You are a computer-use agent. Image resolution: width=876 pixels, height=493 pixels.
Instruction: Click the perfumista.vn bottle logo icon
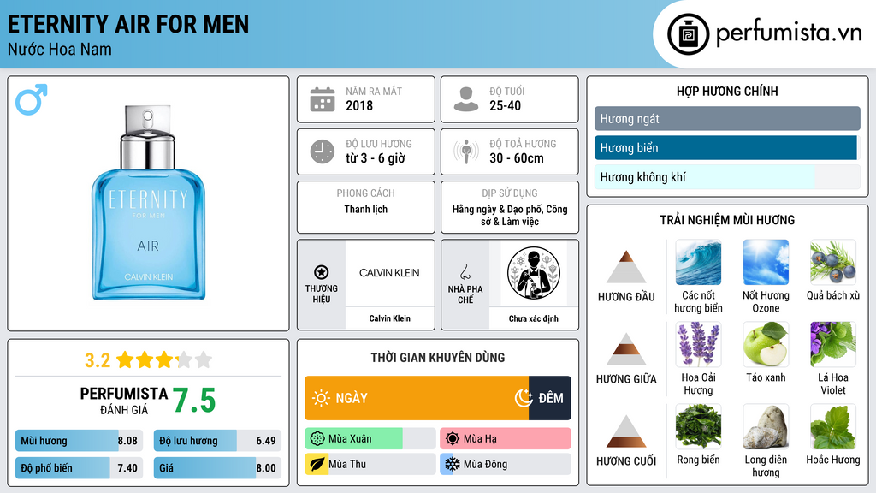pos(688,34)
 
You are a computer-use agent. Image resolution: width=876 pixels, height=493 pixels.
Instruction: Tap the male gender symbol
pos(32,99)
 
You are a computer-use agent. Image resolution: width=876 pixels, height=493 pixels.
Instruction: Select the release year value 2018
pos(359,105)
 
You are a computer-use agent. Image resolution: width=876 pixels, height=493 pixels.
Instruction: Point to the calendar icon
pos(323,99)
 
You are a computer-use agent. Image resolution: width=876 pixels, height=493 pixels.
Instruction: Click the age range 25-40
pos(505,105)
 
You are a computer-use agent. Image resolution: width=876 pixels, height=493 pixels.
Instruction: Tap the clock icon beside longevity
pos(323,151)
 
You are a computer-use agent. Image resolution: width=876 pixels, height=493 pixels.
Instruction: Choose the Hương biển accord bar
pos(725,148)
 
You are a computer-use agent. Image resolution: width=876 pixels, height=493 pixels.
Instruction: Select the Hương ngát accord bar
pos(727,118)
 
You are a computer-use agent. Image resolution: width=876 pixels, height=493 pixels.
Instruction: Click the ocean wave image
pos(698,262)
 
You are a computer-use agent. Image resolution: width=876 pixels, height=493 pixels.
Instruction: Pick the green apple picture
pos(766,344)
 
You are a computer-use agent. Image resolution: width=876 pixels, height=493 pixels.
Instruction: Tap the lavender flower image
pos(698,344)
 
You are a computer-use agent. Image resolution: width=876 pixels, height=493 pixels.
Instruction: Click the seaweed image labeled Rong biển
pos(698,426)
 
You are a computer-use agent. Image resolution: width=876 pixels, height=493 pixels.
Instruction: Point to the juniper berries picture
pos(833,262)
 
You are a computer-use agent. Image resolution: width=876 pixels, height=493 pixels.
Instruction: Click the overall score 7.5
pos(194,401)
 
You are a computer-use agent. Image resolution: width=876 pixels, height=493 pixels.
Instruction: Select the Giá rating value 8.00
pos(266,468)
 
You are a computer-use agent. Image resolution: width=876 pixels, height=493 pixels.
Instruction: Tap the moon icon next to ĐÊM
pos(524,397)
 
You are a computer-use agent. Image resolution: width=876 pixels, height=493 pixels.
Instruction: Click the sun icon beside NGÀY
pos(321,398)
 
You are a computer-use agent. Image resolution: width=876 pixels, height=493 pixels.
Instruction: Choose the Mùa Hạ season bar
pos(505,438)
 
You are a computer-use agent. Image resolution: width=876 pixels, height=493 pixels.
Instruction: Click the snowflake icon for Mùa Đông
pos(452,464)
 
